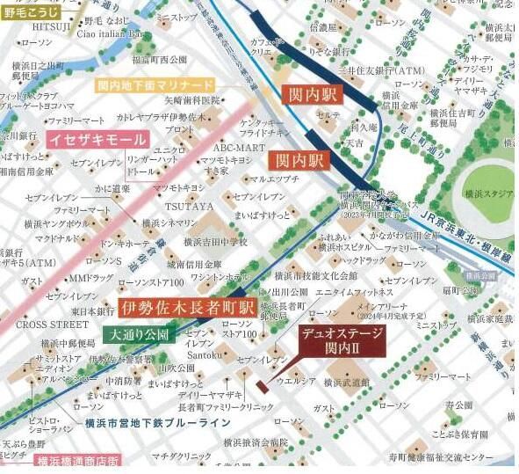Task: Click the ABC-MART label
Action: click(x=238, y=148)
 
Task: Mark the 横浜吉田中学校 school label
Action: click(x=215, y=241)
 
